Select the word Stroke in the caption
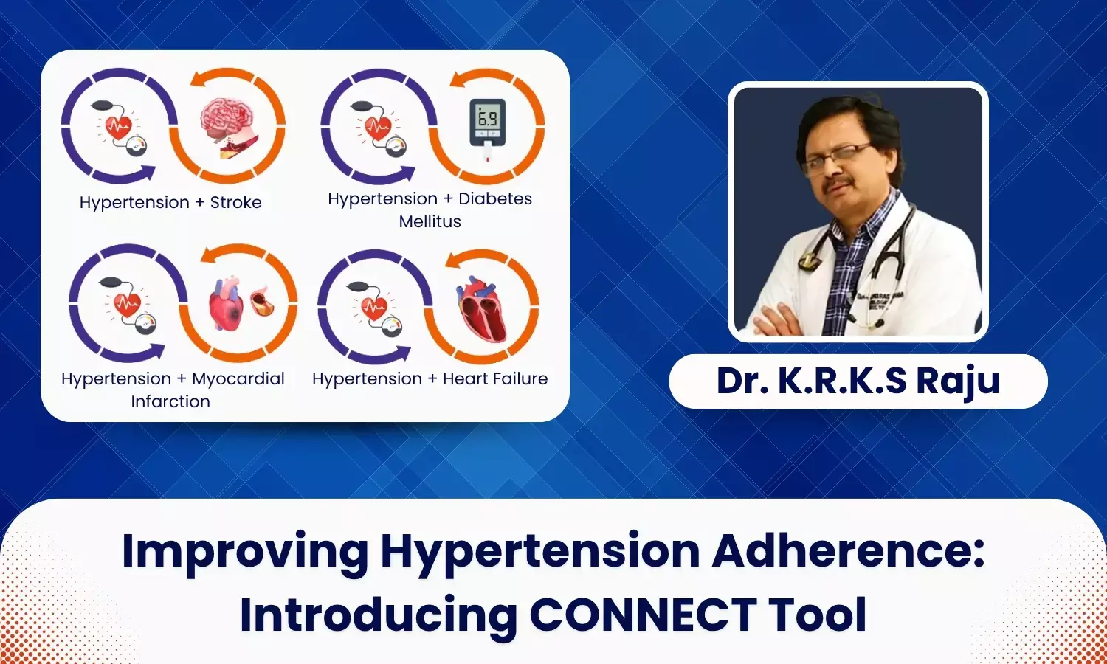click(x=235, y=202)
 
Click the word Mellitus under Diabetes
click(x=430, y=221)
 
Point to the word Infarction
click(x=170, y=401)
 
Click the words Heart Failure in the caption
click(x=495, y=378)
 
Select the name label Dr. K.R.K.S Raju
click(x=858, y=381)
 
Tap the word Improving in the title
click(x=245, y=551)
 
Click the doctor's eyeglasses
click(x=837, y=157)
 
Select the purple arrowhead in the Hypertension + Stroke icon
click(x=145, y=173)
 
